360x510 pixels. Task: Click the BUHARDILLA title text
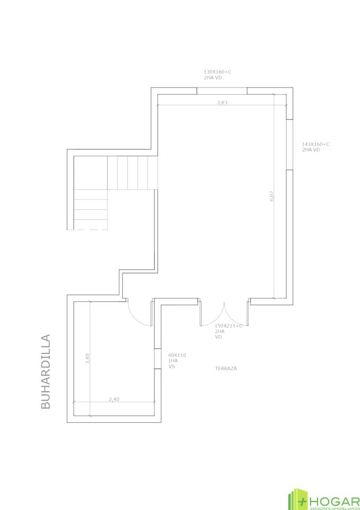46,371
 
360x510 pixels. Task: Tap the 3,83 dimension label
222,103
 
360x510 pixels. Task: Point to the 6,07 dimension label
272,196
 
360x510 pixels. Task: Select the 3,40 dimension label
87,359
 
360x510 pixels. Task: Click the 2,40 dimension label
114,399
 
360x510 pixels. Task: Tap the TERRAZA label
226,369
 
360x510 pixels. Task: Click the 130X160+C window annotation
218,72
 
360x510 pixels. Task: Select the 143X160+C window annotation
316,144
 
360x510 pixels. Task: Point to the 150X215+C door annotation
229,326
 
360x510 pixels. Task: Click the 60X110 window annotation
177,355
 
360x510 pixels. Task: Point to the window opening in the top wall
222,91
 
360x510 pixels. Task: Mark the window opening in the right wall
290,144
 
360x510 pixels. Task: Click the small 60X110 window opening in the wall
158,359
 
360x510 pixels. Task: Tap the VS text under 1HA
172,367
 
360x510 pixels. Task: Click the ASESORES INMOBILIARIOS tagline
334,507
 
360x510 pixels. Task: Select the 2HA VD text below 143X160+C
311,150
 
